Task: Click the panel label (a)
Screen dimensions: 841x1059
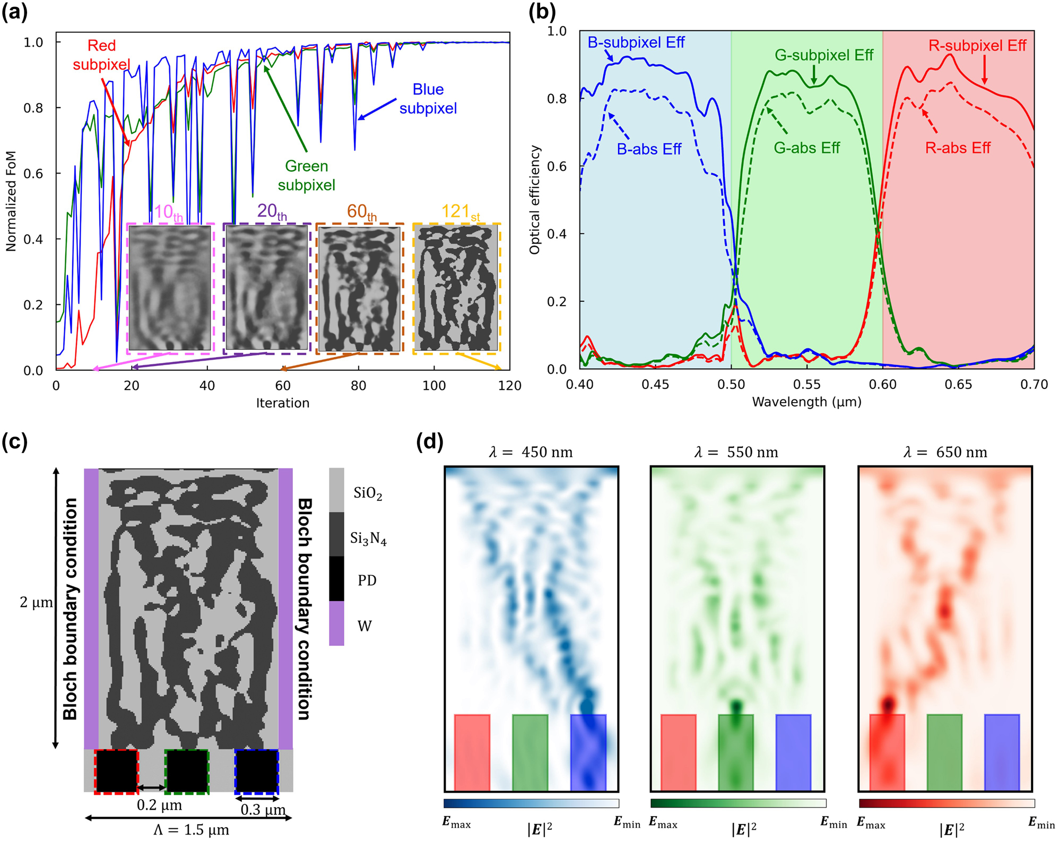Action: pyautogui.click(x=14, y=12)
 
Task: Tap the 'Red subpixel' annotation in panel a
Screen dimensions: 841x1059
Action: pyautogui.click(x=101, y=55)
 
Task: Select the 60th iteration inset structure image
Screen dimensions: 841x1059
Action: pyautogui.click(x=360, y=289)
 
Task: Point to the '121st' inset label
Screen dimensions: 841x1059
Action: pyautogui.click(x=460, y=212)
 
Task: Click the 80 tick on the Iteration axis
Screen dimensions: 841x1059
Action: pyautogui.click(x=358, y=386)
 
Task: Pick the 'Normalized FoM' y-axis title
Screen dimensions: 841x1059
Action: pyautogui.click(x=11, y=201)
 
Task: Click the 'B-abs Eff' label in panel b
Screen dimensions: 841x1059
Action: pyautogui.click(x=648, y=149)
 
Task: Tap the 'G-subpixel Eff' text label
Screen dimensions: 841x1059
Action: pyautogui.click(x=823, y=55)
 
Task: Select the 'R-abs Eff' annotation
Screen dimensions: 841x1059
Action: pyautogui.click(x=957, y=148)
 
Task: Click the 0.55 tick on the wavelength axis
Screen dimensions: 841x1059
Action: pyautogui.click(x=806, y=385)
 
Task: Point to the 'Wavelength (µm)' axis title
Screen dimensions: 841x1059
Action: pyautogui.click(x=806, y=402)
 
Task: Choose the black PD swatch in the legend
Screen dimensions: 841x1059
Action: pyautogui.click(x=336, y=578)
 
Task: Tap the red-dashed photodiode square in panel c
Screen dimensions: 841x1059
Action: pyautogui.click(x=116, y=771)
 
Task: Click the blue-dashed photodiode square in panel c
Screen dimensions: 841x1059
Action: pyautogui.click(x=257, y=771)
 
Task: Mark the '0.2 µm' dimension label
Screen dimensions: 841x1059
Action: pyautogui.click(x=159, y=805)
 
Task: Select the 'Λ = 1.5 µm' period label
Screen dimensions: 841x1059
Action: pyautogui.click(x=191, y=830)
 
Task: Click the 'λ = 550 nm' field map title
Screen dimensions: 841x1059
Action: pyautogui.click(x=736, y=453)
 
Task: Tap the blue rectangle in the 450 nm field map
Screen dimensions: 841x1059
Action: pyautogui.click(x=588, y=752)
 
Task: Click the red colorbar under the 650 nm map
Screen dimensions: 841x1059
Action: pyautogui.click(x=946, y=803)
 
